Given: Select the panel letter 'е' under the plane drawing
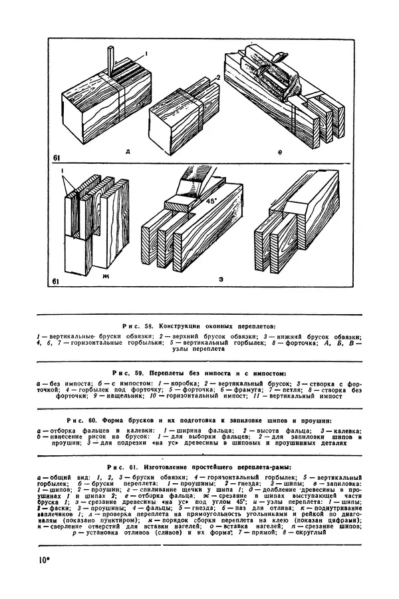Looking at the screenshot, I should pos(280,152).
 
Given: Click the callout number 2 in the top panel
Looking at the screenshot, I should pos(217,78).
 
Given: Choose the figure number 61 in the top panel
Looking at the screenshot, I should pos(59,157).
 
